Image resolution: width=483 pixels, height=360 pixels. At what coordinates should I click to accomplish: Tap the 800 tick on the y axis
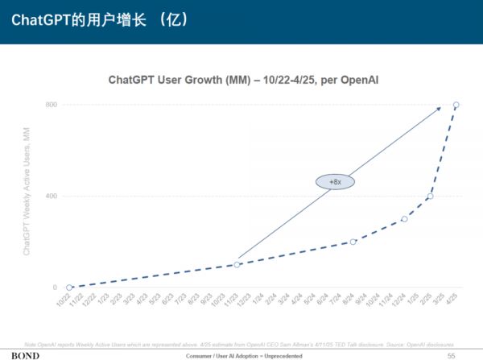(52, 105)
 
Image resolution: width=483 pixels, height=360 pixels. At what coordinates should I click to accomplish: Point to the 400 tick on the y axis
(52, 196)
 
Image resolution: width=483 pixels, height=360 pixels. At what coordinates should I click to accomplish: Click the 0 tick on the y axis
(55, 288)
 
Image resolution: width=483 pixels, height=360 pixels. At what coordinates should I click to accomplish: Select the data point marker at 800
(456, 105)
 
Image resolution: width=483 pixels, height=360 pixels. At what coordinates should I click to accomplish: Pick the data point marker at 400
(431, 196)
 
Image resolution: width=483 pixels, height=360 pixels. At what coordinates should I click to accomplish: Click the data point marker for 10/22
(69, 288)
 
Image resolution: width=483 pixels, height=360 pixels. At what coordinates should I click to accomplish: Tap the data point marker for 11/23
(237, 264)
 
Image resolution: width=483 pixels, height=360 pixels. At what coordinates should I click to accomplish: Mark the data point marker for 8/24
(353, 242)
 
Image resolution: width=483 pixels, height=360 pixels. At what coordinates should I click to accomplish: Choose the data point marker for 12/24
(405, 218)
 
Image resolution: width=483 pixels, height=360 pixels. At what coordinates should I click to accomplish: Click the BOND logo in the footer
(25, 354)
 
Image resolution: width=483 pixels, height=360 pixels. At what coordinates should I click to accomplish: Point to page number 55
(451, 354)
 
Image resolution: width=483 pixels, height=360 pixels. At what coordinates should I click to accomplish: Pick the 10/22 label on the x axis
(64, 300)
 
